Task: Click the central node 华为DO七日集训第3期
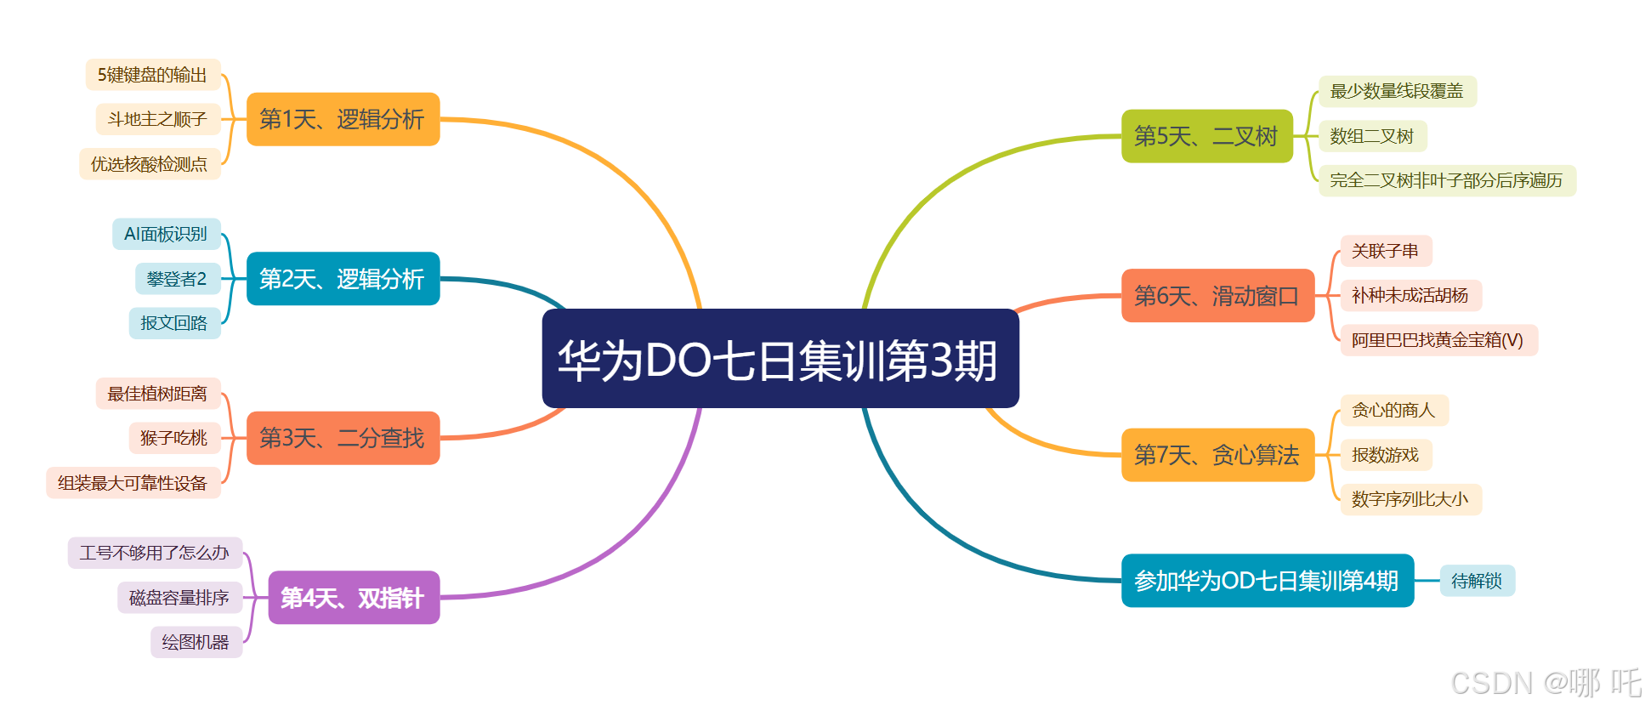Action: tap(780, 359)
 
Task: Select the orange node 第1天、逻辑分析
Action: tap(343, 119)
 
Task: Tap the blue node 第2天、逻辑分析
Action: tap(343, 279)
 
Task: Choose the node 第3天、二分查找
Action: tap(343, 438)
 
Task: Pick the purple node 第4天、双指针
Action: tap(354, 598)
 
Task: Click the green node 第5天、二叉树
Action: tap(1206, 136)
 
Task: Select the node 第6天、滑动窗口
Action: tap(1217, 296)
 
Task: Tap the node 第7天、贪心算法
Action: tap(1217, 455)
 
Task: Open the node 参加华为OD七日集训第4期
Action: tap(1267, 581)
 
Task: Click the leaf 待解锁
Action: tap(1477, 581)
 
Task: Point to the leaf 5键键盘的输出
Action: tap(153, 75)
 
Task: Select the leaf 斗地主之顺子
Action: tap(158, 119)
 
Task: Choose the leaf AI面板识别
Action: tap(167, 234)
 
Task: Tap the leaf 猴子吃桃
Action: tap(174, 438)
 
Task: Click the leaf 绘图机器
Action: tap(196, 642)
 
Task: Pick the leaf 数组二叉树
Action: tap(1372, 136)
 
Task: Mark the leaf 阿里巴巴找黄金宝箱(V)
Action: tap(1438, 340)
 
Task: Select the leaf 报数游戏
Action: tap(1386, 455)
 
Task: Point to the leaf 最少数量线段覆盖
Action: tap(1397, 91)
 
